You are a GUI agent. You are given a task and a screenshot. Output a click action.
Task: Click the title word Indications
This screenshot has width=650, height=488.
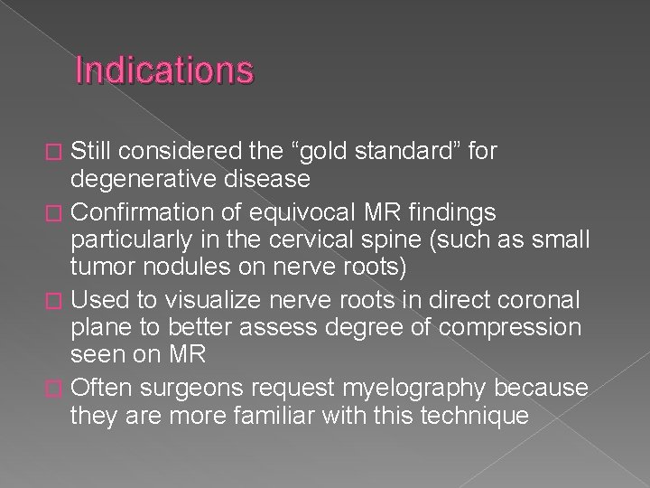click(x=164, y=70)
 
